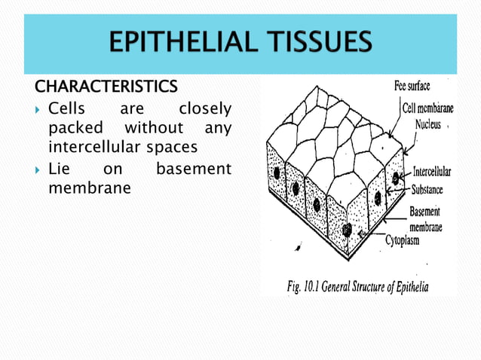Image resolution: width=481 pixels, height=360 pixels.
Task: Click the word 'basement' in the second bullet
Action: [x=193, y=169]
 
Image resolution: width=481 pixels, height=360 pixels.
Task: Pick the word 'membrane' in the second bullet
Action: [x=89, y=185]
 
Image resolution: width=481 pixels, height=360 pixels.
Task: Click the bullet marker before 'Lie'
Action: [x=38, y=169]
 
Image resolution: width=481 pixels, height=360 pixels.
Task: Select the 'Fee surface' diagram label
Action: [x=412, y=86]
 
